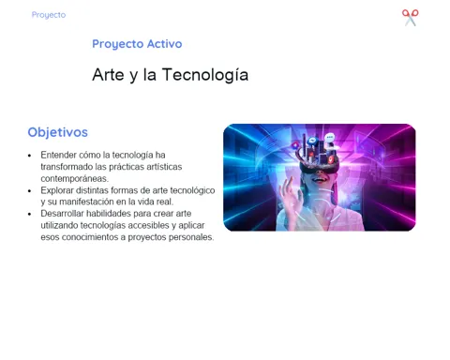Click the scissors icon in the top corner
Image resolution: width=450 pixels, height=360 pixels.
[410, 18]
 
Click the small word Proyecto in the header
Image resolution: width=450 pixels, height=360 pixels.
[49, 15]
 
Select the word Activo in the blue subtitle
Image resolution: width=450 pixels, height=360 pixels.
[164, 44]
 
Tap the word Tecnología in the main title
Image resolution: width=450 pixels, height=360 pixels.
[205, 75]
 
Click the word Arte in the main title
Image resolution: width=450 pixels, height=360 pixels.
[108, 75]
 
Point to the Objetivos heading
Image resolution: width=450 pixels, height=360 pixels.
[58, 132]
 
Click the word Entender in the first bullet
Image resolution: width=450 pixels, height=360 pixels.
[59, 155]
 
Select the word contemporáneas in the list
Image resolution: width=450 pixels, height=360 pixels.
[74, 179]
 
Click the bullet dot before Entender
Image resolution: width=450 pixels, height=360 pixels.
[30, 156]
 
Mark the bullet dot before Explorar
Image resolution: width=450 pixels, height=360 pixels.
[30, 191]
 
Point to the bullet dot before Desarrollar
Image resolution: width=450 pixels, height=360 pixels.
[30, 215]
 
